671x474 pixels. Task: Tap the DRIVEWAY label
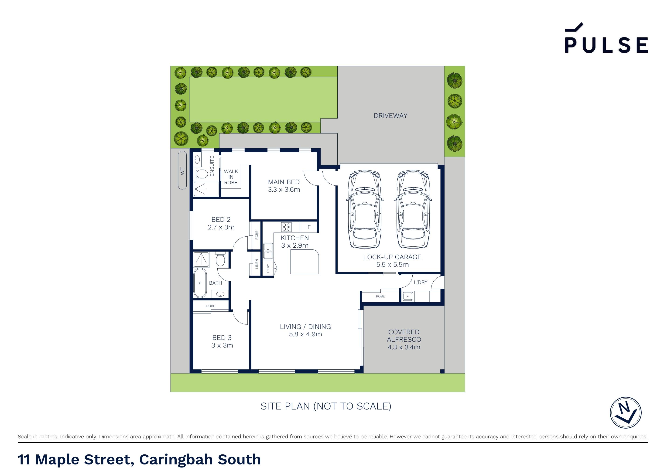390,116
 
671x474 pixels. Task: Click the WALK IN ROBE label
231,177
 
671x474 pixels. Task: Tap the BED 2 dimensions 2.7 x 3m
221,227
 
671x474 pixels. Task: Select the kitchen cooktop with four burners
286,227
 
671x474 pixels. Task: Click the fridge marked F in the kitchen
309,227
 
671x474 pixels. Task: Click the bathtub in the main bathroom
200,283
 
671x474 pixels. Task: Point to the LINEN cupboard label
257,264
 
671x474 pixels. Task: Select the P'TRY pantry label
268,268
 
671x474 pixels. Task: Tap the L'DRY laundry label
420,282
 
